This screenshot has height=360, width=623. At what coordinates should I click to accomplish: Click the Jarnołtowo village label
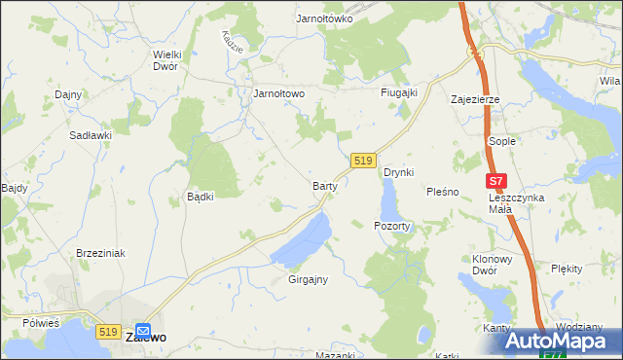click(279, 93)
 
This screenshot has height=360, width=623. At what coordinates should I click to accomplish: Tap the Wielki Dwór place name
click(170, 60)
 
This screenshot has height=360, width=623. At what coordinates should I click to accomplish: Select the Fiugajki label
click(398, 92)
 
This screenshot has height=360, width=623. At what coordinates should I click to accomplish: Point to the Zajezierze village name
click(475, 99)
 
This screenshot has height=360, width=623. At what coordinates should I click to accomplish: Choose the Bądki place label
click(200, 196)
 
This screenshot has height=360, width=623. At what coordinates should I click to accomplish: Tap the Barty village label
click(324, 184)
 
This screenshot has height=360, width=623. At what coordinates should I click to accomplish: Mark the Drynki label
click(399, 172)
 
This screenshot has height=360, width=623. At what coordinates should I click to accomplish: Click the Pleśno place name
click(442, 192)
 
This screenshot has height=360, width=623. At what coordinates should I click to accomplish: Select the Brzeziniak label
click(101, 252)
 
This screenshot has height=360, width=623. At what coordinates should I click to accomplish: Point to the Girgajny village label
click(308, 279)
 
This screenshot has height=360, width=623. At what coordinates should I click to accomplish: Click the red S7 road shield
click(496, 180)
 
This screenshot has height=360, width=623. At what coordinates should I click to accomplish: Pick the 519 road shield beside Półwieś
click(109, 331)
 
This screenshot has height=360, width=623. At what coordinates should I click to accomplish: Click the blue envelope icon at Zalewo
click(144, 329)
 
